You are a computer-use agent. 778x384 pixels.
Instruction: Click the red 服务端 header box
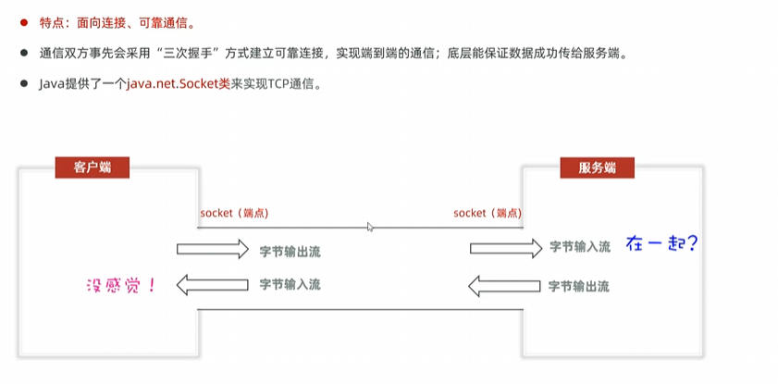[599, 167]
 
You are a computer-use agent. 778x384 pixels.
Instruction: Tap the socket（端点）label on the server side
[488, 214]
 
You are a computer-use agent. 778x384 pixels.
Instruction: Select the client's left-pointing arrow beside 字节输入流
[213, 283]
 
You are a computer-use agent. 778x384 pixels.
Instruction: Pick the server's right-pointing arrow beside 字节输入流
[505, 247]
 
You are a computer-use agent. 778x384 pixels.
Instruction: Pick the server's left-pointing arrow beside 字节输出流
[505, 285]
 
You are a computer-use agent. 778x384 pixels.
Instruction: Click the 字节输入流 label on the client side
[290, 284]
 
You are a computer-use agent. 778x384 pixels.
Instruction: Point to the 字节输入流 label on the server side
[580, 247]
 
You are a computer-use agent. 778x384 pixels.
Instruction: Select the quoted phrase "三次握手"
[185, 54]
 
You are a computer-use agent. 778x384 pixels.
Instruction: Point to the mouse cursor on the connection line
[370, 227]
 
